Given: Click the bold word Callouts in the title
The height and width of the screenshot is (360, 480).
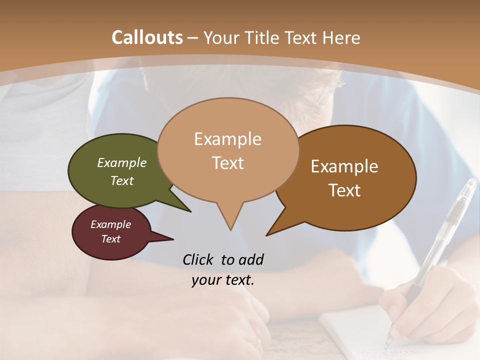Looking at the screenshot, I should tap(147, 37).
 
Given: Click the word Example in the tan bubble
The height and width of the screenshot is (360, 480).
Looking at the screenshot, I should tap(227, 139).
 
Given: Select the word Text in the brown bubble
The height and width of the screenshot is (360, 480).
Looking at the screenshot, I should tap(344, 190).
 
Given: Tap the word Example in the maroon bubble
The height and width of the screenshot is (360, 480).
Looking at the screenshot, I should tap(110, 224).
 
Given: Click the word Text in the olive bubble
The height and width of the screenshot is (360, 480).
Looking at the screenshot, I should tap(122, 180).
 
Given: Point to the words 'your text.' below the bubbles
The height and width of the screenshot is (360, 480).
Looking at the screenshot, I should tap(223, 280).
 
